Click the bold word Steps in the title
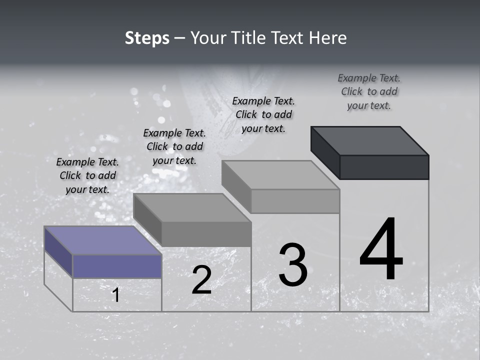click(147, 38)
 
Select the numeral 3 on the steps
click(293, 264)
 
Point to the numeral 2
click(201, 280)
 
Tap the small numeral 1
click(115, 295)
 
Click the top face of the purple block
click(103, 240)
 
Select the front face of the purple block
click(117, 266)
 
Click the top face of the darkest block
click(370, 140)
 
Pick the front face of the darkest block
click(384, 167)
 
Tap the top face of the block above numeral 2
click(192, 207)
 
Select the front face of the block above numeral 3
click(295, 201)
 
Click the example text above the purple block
click(87, 175)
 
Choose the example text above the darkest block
click(369, 91)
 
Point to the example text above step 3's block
click(263, 114)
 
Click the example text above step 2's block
click(174, 146)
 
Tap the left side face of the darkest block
click(325, 152)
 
